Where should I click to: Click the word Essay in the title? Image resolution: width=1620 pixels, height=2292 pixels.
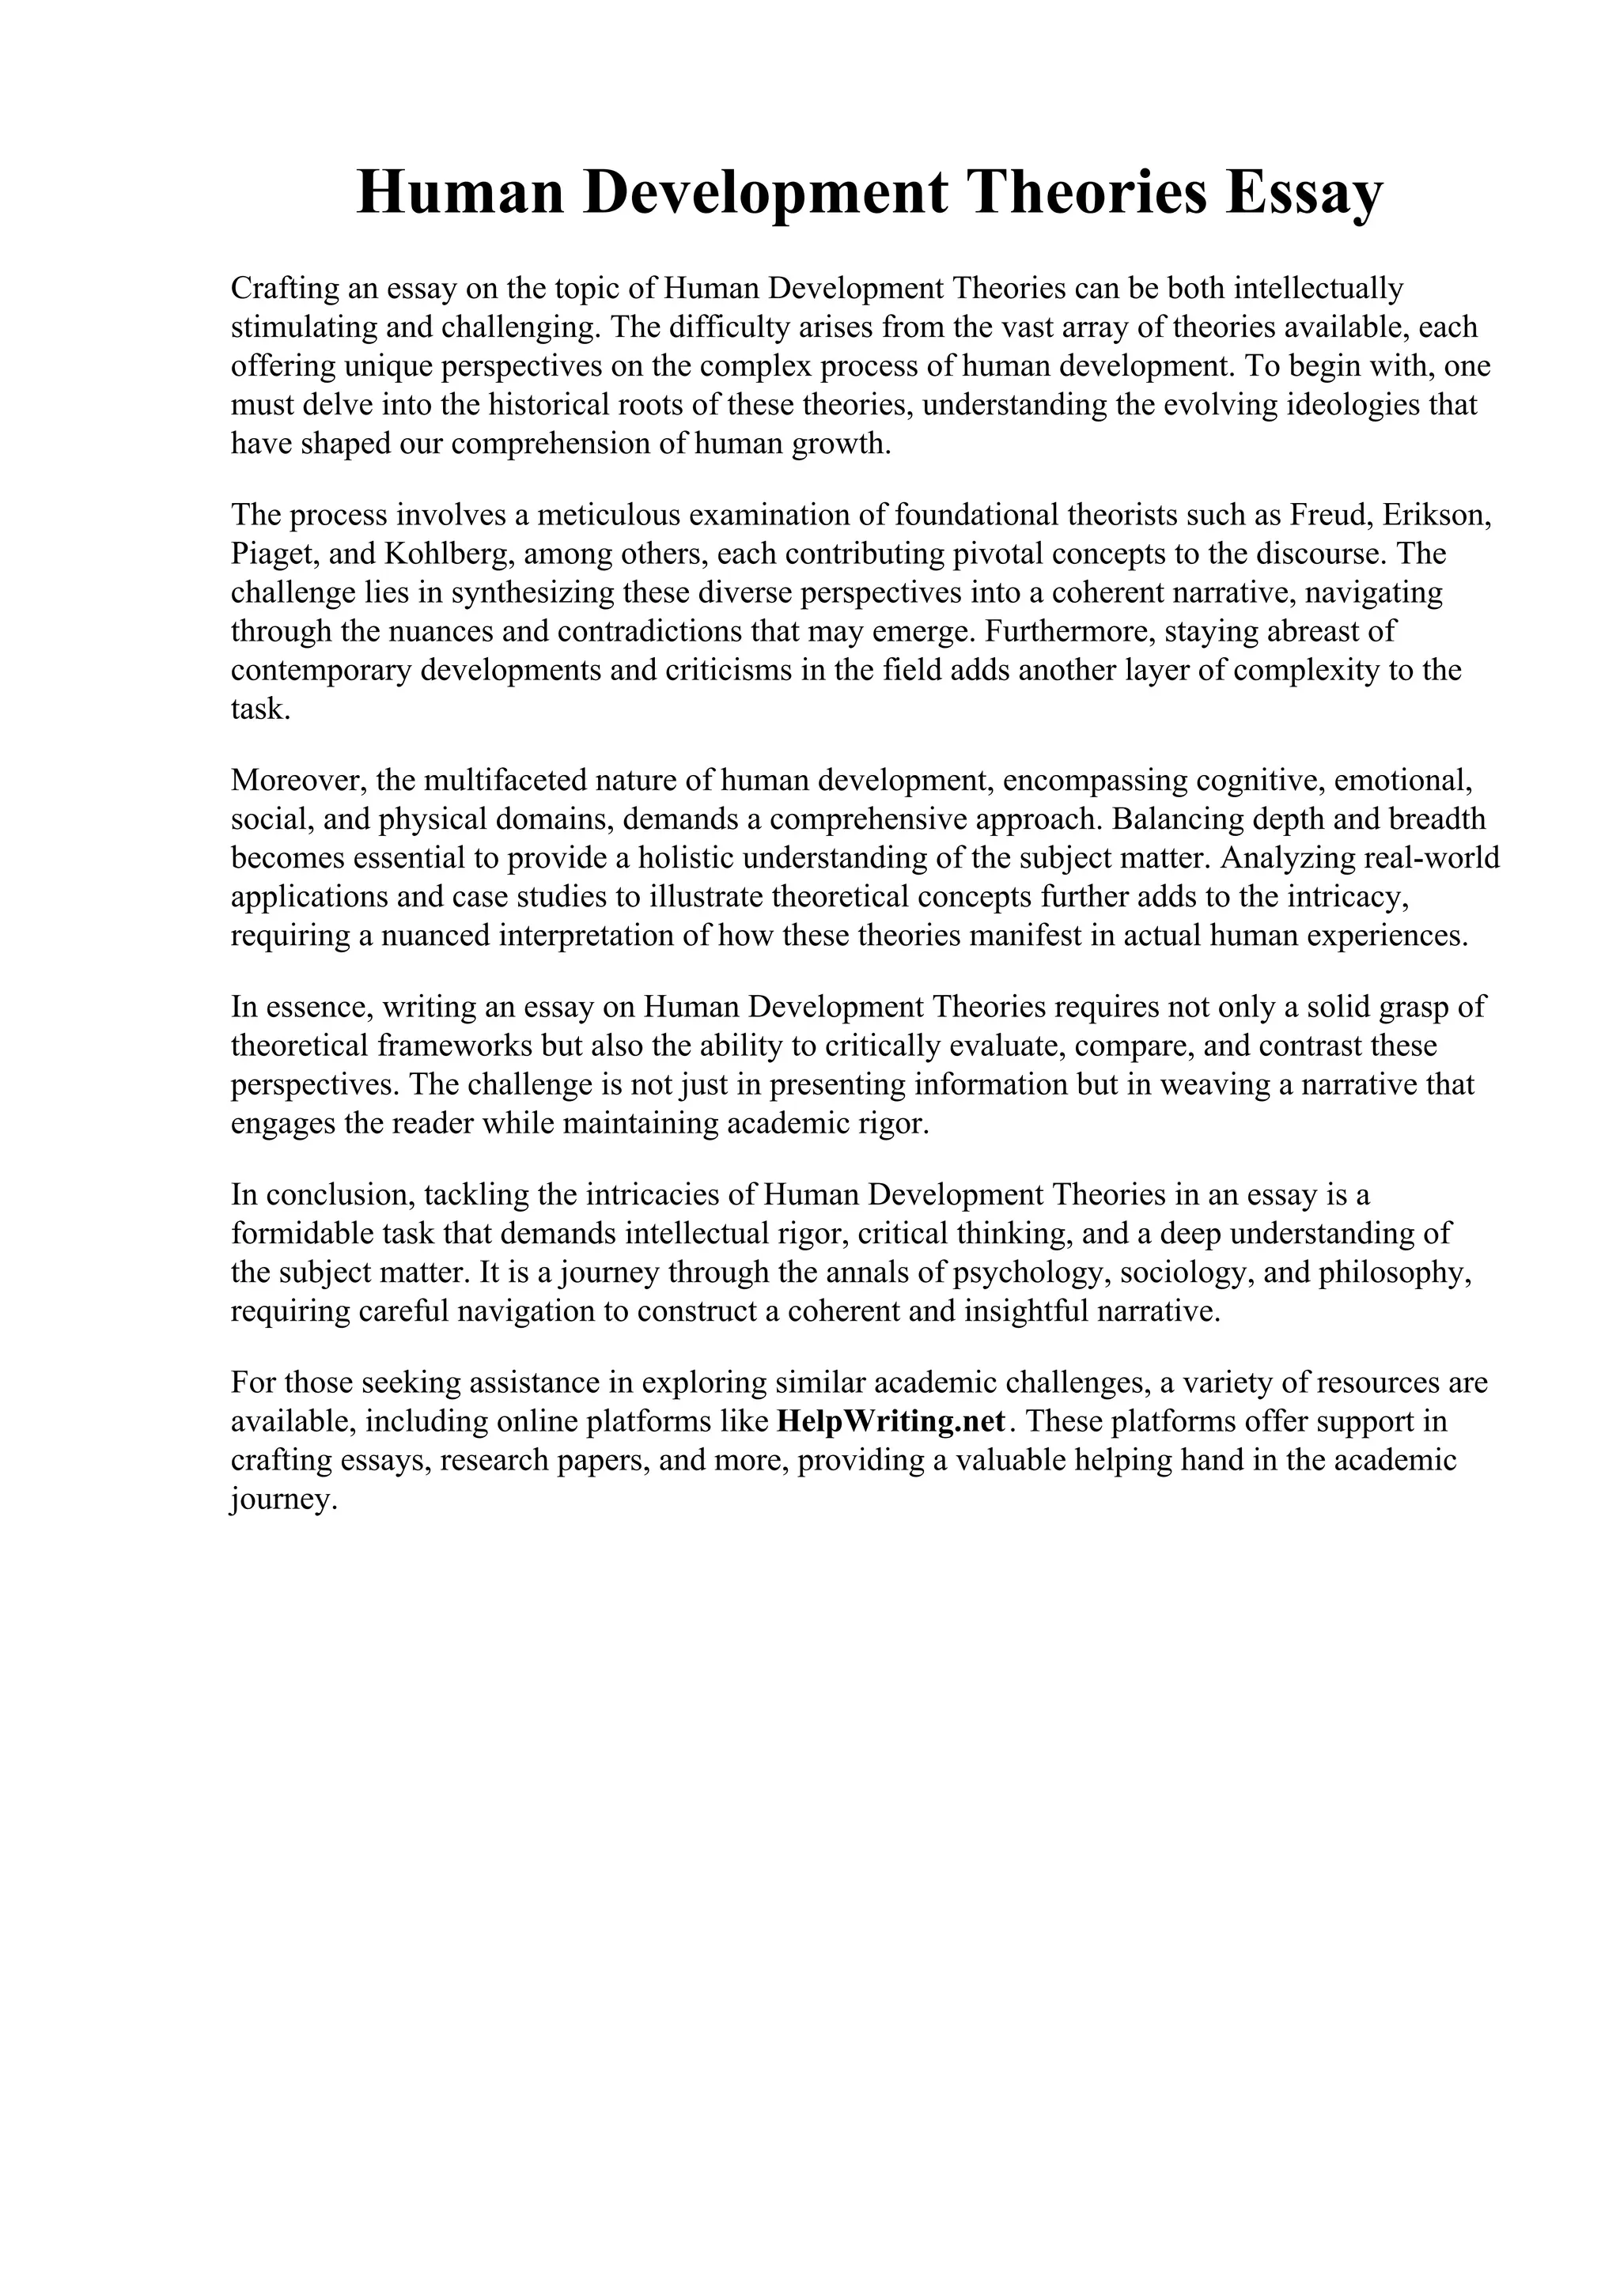pos(1304,194)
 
